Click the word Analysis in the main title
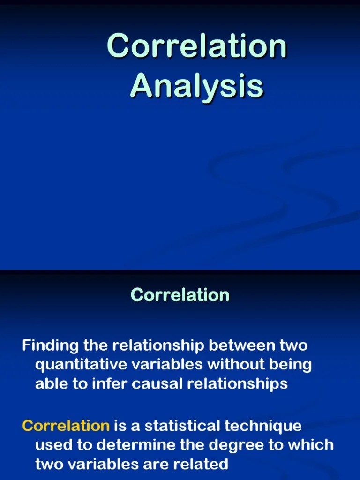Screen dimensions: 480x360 tap(197, 86)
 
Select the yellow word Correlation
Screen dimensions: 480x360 tap(66, 426)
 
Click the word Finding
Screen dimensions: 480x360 tap(51, 345)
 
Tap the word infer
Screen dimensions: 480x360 tap(109, 383)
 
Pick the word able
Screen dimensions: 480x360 tap(50, 383)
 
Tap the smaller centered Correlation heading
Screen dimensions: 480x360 tap(180, 295)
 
